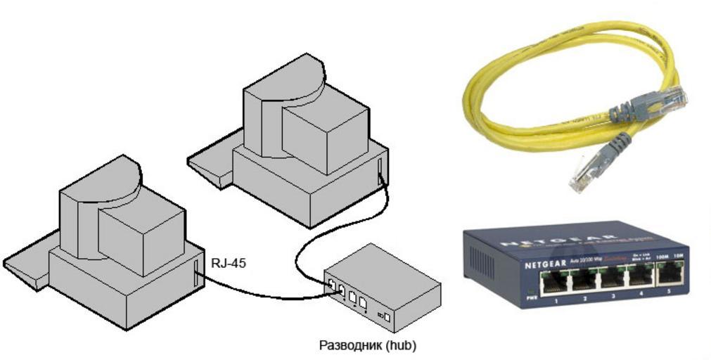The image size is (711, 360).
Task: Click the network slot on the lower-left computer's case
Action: (196, 274)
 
